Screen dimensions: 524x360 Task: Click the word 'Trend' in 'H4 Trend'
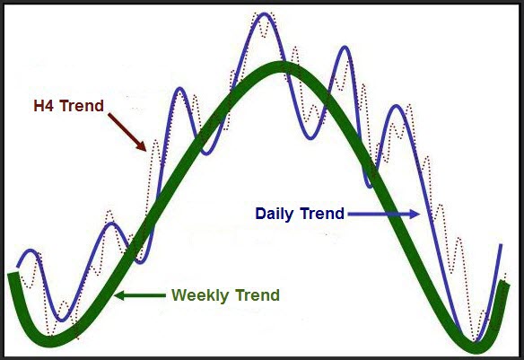pos(82,106)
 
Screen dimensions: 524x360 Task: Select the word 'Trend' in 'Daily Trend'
pos(322,214)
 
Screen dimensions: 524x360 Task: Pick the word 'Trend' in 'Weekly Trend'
pos(258,295)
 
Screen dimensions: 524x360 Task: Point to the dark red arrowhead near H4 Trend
pos(142,146)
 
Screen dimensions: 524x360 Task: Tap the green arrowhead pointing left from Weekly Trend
pos(119,295)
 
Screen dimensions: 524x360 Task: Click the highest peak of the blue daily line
pos(265,14)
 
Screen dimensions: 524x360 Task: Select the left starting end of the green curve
pos(13,274)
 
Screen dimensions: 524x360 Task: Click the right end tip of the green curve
pos(504,284)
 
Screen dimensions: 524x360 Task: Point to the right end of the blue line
pos(501,245)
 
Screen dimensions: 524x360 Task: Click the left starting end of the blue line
pos(18,267)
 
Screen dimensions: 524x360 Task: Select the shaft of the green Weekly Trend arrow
pos(144,295)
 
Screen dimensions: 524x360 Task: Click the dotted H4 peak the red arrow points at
pos(156,142)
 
